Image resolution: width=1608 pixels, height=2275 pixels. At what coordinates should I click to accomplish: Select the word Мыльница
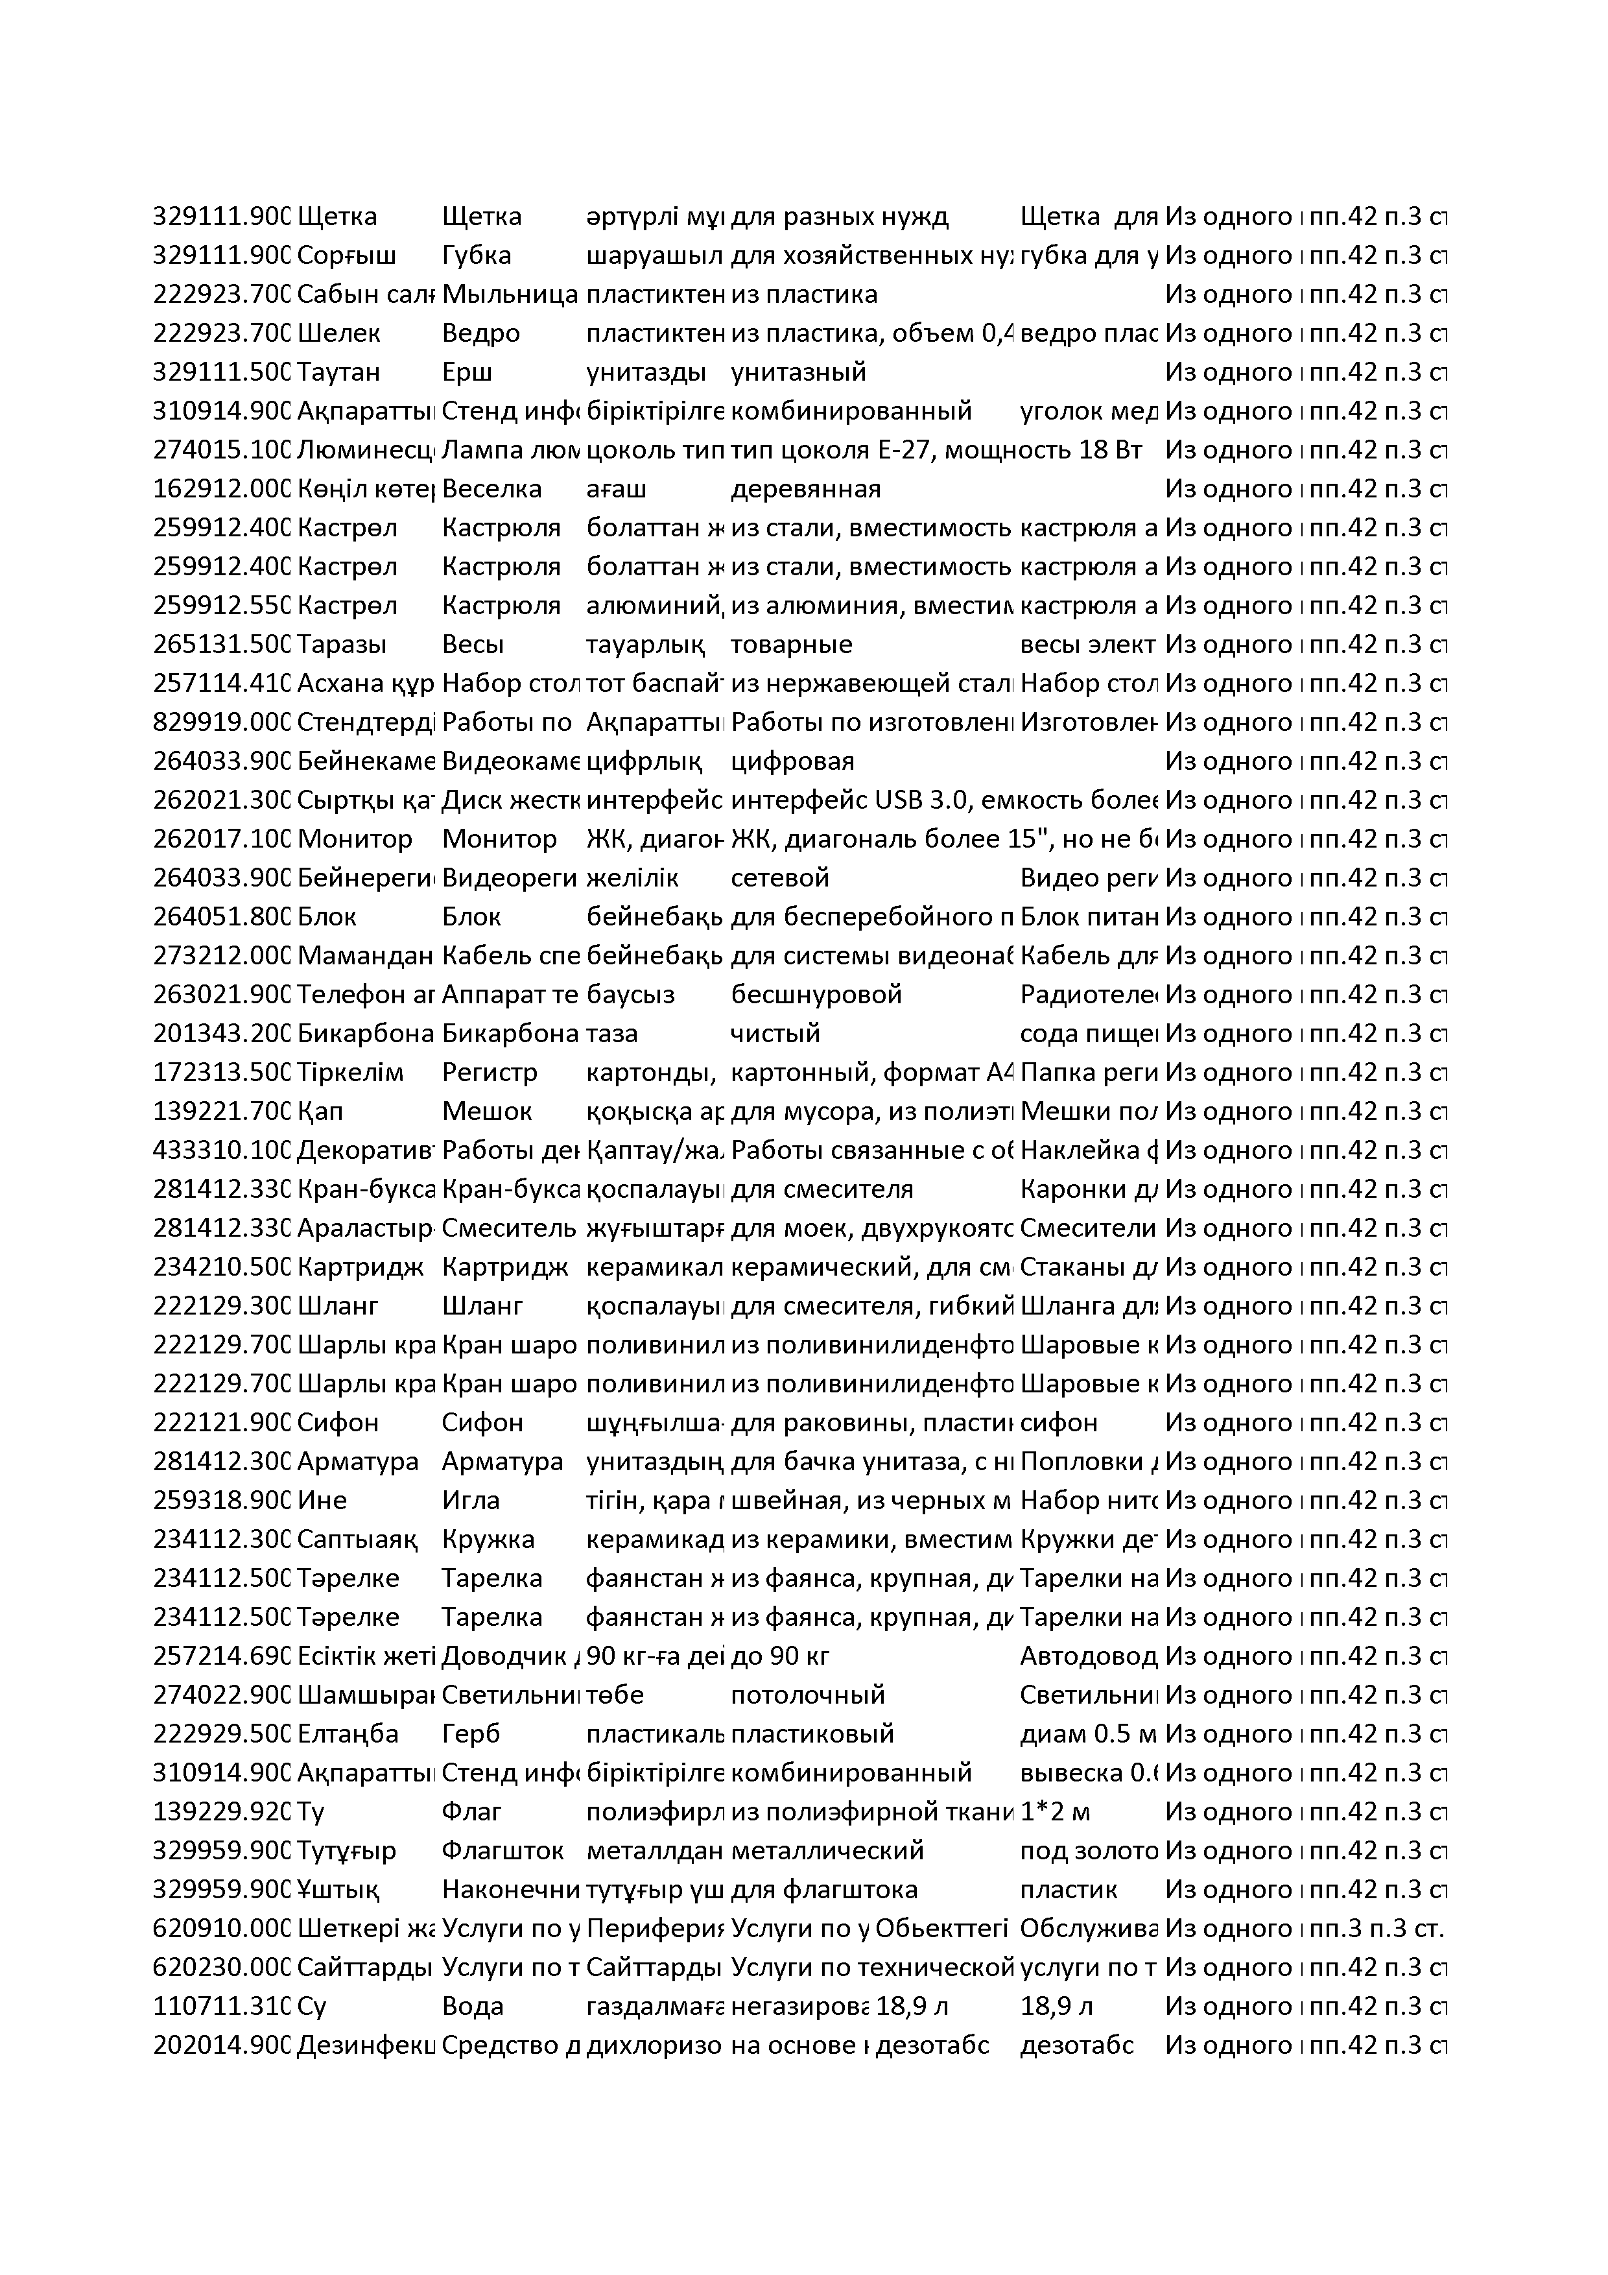click(509, 294)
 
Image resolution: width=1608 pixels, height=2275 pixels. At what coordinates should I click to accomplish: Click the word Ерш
click(467, 372)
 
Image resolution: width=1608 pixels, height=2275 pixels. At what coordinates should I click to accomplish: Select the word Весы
click(473, 645)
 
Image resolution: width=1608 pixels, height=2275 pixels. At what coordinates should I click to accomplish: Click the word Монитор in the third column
click(499, 839)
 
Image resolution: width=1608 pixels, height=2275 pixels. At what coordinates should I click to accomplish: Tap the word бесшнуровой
click(816, 995)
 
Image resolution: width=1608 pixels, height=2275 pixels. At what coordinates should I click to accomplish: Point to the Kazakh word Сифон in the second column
click(338, 1423)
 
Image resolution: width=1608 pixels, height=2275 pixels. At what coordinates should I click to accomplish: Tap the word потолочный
click(807, 1695)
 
